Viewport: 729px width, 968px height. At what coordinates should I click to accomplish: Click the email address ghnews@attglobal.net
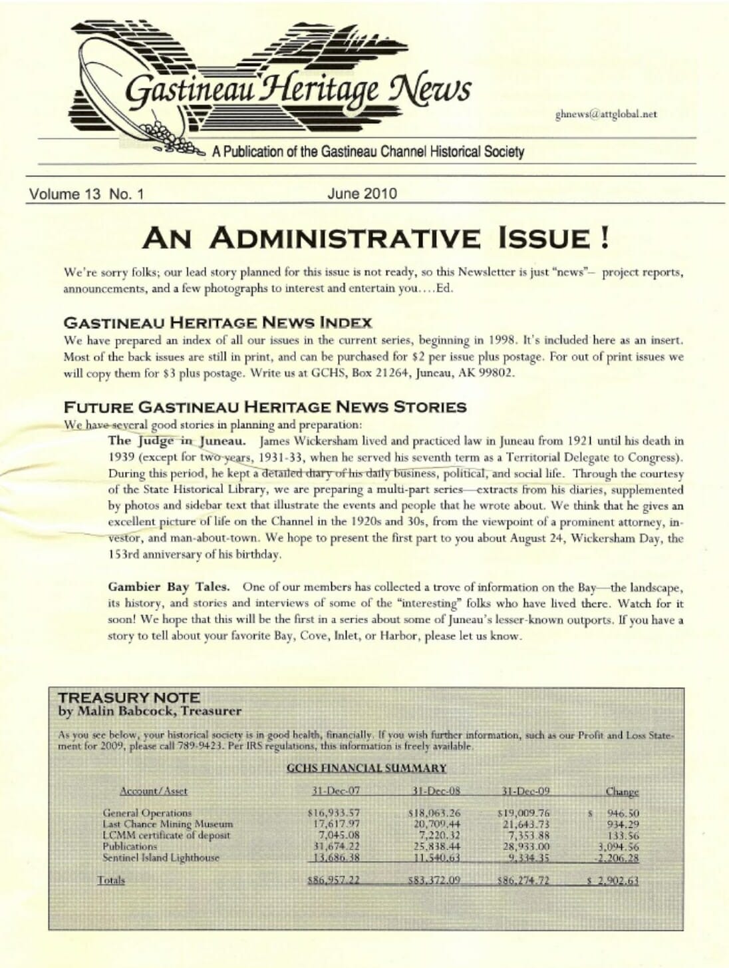point(606,114)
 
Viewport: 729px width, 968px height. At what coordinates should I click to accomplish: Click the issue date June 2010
point(362,194)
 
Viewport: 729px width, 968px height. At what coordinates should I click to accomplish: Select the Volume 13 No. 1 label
point(86,194)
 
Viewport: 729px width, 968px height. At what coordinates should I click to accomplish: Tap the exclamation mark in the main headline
point(604,238)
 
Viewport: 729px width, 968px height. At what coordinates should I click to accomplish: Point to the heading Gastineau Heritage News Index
point(218,323)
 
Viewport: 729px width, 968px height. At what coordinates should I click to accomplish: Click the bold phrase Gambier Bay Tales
point(169,587)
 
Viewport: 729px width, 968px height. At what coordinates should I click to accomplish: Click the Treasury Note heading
point(129,698)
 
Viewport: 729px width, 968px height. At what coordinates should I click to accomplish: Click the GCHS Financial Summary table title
point(366,768)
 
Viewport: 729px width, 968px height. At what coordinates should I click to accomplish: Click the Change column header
point(622,792)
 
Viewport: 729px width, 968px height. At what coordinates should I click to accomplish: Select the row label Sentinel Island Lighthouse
point(161,857)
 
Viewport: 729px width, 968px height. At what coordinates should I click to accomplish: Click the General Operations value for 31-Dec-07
point(334,813)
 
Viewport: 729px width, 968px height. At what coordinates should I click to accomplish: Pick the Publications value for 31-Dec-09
point(526,847)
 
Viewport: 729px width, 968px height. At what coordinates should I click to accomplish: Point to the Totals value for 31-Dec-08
point(434,880)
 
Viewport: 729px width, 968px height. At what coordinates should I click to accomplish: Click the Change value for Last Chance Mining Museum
point(623,824)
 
